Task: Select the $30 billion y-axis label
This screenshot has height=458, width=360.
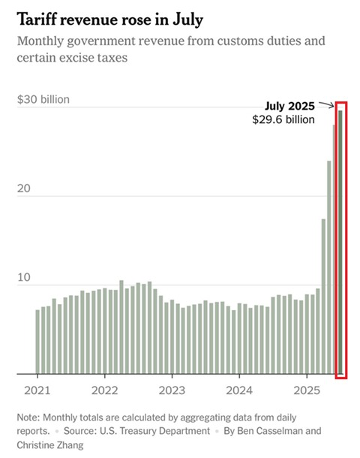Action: (x=43, y=99)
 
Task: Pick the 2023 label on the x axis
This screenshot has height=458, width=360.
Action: (x=171, y=391)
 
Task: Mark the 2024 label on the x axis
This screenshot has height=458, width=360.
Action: (x=239, y=391)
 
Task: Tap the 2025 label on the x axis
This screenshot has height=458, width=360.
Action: (x=307, y=391)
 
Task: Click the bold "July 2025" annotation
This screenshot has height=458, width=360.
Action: (x=289, y=106)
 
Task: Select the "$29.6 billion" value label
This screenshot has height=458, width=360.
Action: (x=283, y=119)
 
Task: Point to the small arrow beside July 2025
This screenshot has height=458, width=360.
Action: (x=325, y=105)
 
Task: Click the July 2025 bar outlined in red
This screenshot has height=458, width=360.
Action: (x=341, y=240)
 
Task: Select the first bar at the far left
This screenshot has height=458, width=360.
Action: (x=37, y=342)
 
